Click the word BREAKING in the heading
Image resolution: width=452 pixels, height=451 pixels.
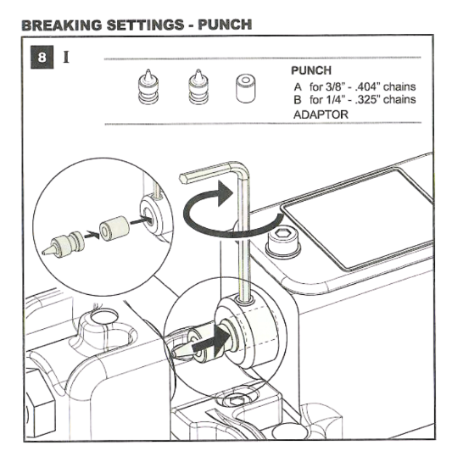click(62, 25)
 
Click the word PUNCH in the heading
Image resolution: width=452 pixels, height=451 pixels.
click(225, 25)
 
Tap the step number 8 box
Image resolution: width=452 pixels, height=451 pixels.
click(42, 57)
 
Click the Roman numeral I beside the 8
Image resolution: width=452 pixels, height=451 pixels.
click(66, 57)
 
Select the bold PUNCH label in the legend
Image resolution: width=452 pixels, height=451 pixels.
click(311, 70)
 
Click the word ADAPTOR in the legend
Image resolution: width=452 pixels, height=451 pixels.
click(321, 114)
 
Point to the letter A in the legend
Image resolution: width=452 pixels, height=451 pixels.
click(298, 86)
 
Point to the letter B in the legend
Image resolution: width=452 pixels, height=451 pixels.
click(298, 100)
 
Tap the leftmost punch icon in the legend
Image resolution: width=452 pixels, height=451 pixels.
click(148, 86)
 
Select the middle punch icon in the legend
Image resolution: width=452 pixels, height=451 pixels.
click(198, 86)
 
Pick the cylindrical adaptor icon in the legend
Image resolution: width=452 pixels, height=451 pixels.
click(245, 88)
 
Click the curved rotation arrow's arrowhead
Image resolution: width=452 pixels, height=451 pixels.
click(225, 193)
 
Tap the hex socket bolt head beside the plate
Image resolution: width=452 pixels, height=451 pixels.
click(283, 242)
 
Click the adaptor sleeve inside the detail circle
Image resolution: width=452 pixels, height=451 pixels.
click(114, 229)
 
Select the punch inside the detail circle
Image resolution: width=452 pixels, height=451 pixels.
click(64, 244)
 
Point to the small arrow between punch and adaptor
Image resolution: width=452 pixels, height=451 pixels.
click(92, 235)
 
